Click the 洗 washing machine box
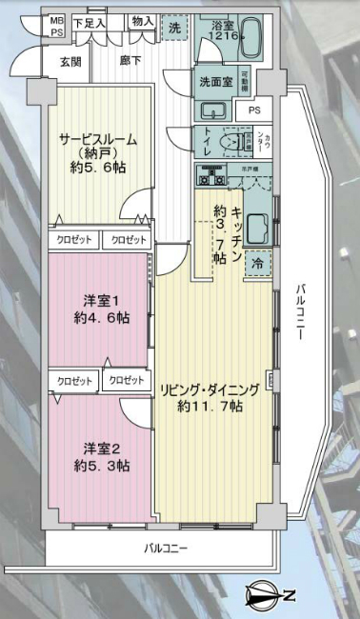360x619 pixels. (x=174, y=30)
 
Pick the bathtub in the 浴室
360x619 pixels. (x=249, y=43)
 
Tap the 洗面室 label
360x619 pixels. (x=213, y=82)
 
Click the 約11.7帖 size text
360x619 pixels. (x=210, y=407)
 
